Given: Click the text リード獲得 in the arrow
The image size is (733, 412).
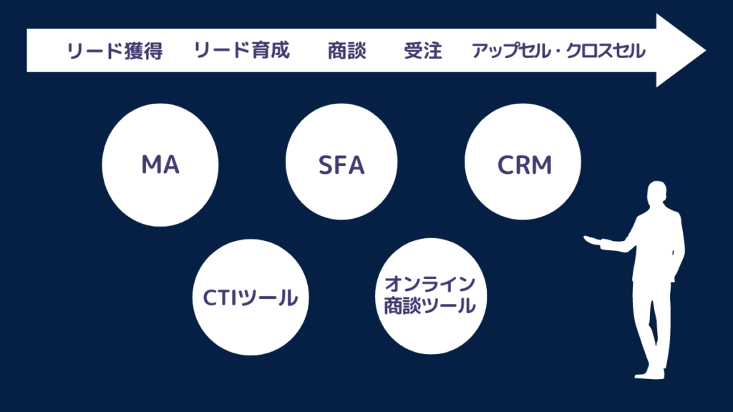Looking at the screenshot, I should pyautogui.click(x=115, y=51).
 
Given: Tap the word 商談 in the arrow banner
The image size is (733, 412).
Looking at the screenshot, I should pyautogui.click(x=346, y=51).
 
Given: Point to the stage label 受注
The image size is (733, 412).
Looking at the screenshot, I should pyautogui.click(x=422, y=51).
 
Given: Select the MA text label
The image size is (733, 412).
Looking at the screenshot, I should pyautogui.click(x=160, y=165).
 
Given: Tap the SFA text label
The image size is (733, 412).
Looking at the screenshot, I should pyautogui.click(x=341, y=165).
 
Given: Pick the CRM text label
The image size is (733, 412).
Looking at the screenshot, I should pyautogui.click(x=525, y=165).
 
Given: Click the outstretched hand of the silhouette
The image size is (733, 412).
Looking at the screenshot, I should pyautogui.click(x=591, y=240).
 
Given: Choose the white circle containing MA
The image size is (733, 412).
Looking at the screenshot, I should pyautogui.click(x=159, y=165).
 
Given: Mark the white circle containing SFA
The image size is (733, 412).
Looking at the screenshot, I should pyautogui.click(x=342, y=165).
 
